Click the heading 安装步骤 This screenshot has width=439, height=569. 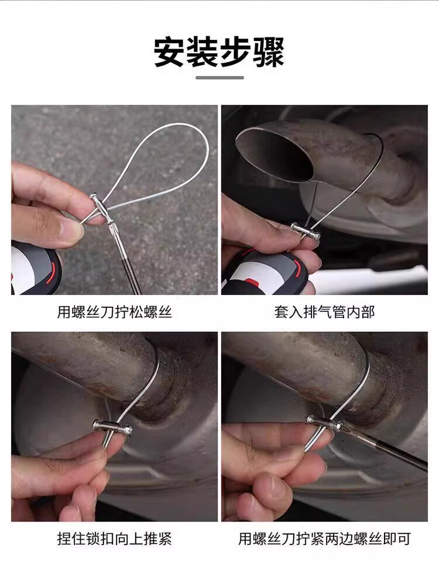tap(219, 52)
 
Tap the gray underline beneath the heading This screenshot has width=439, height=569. tap(220, 78)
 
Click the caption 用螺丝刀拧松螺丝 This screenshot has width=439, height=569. tap(114, 311)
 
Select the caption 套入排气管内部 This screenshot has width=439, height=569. tap(324, 311)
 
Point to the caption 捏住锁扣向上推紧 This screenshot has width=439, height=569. tap(114, 539)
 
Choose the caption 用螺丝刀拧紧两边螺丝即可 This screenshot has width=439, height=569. tap(324, 539)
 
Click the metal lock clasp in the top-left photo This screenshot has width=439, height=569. tap(102, 208)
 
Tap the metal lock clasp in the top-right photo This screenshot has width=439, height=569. tap(306, 231)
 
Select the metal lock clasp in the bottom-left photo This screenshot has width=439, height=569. tap(112, 427)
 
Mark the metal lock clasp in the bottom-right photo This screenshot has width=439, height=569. tap(324, 423)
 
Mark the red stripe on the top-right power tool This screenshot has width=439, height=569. tap(299, 269)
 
